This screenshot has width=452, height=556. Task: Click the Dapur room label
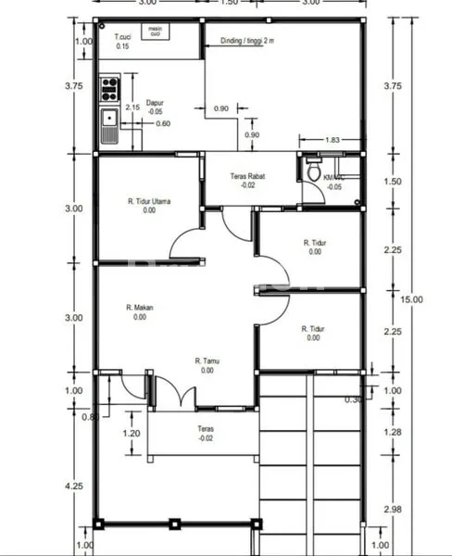click(x=155, y=104)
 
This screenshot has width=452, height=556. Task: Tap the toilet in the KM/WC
click(x=313, y=173)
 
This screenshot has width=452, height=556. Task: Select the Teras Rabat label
click(x=247, y=180)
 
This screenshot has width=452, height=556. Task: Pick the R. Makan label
click(x=139, y=312)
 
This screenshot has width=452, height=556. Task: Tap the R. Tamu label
click(x=206, y=365)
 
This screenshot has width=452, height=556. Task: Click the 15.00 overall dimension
click(x=411, y=298)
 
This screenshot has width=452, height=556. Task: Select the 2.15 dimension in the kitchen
click(x=132, y=107)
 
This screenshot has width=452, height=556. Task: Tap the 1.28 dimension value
click(x=393, y=432)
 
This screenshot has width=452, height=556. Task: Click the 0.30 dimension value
click(x=353, y=399)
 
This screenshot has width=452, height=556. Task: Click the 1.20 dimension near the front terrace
click(x=132, y=433)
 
